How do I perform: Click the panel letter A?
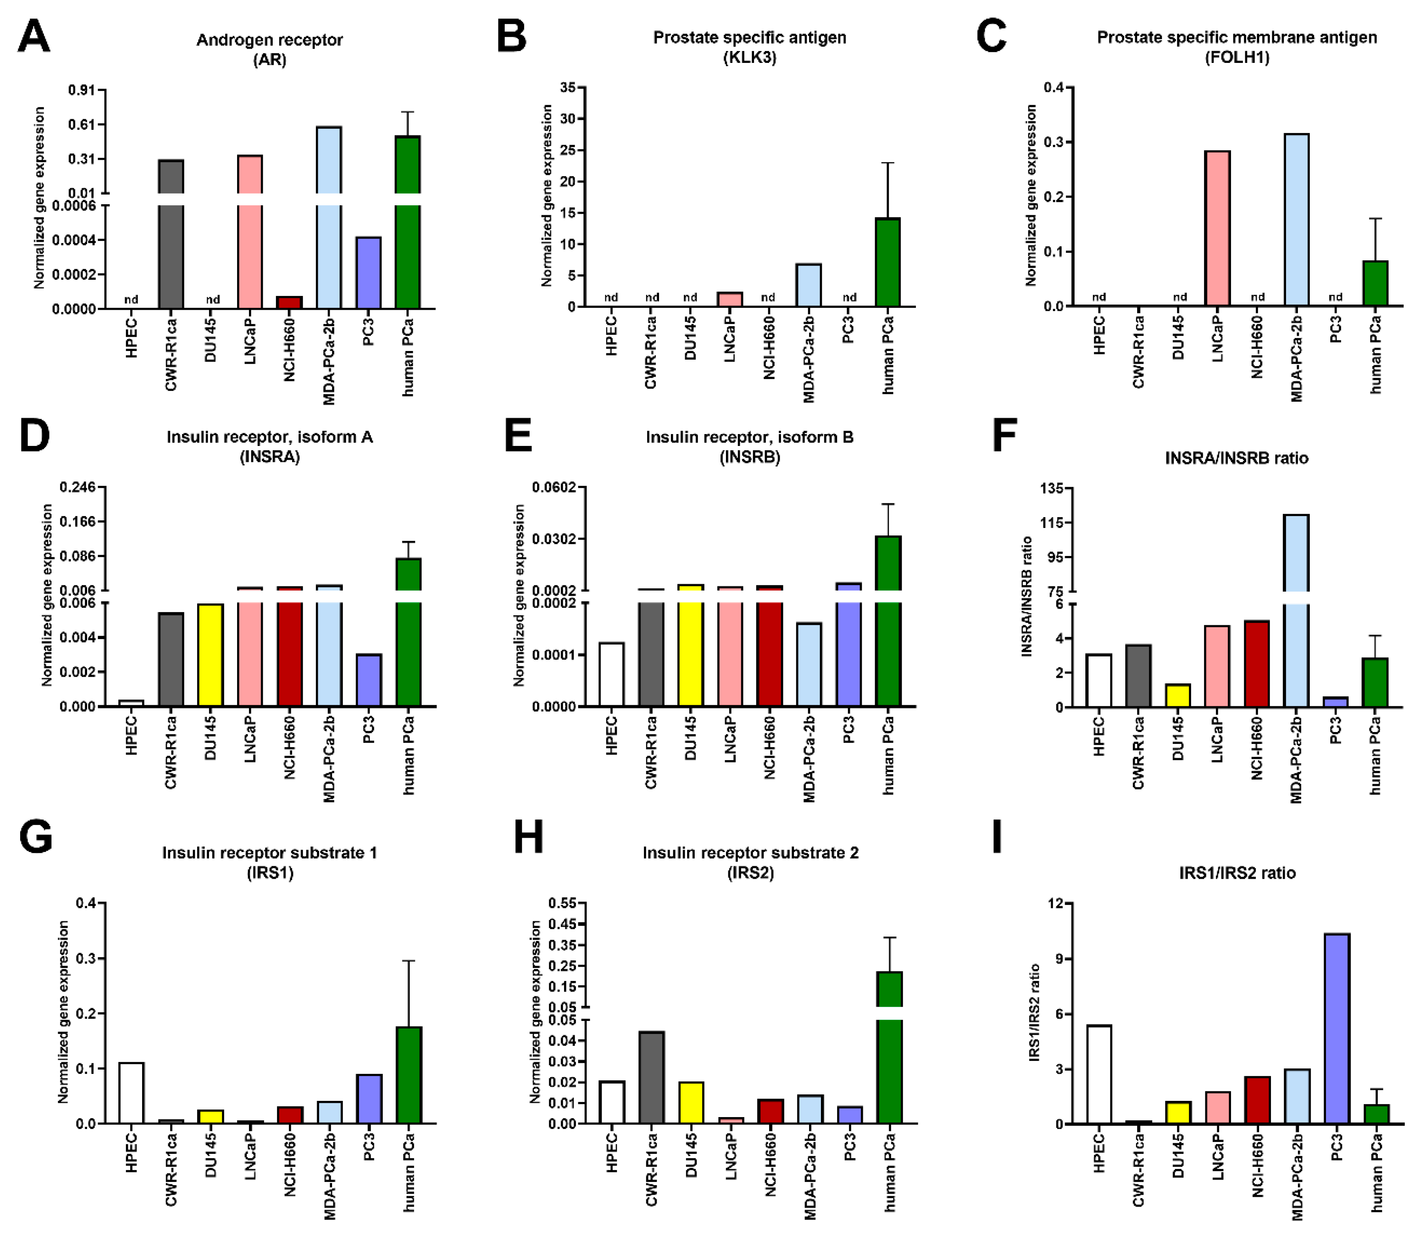(x=33, y=36)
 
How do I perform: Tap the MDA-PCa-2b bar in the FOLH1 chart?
(x=1296, y=220)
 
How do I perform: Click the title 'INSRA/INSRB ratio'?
(x=1236, y=457)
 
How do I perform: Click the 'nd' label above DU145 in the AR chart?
(x=212, y=300)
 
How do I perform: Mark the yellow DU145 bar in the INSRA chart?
(x=210, y=655)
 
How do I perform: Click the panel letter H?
(x=528, y=837)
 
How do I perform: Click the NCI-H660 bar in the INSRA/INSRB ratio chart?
(x=1257, y=663)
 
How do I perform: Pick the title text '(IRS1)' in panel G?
(x=270, y=873)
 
